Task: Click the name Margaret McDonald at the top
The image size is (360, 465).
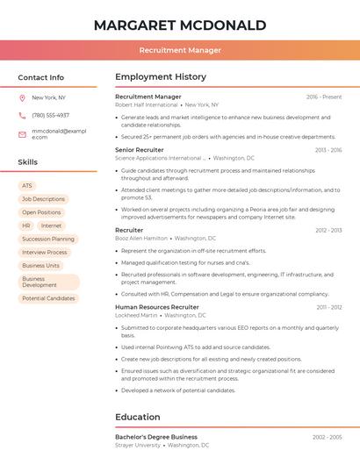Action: (x=180, y=25)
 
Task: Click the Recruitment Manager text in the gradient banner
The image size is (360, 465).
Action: (x=180, y=50)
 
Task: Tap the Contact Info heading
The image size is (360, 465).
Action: (x=41, y=77)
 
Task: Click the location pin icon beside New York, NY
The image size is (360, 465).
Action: (x=22, y=97)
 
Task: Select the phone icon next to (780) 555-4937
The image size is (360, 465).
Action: (x=22, y=115)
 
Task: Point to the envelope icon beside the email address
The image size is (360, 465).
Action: (x=22, y=134)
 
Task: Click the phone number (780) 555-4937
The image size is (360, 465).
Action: (x=50, y=115)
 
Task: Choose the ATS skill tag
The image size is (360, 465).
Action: (x=27, y=186)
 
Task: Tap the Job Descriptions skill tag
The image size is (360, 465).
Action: (x=43, y=199)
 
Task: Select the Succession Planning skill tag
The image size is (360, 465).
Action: (x=48, y=239)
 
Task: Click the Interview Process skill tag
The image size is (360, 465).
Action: (x=45, y=252)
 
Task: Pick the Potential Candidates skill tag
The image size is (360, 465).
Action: (x=48, y=298)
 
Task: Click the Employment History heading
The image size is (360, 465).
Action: (x=161, y=77)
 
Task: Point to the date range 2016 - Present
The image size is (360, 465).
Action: (x=324, y=97)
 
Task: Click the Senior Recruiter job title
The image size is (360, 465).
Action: (x=140, y=150)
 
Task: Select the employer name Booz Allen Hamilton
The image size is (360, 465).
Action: (x=141, y=238)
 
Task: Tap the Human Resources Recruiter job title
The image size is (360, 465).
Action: (x=157, y=307)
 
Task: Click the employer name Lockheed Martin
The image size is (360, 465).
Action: (x=136, y=315)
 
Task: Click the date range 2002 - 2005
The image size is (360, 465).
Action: (x=328, y=437)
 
